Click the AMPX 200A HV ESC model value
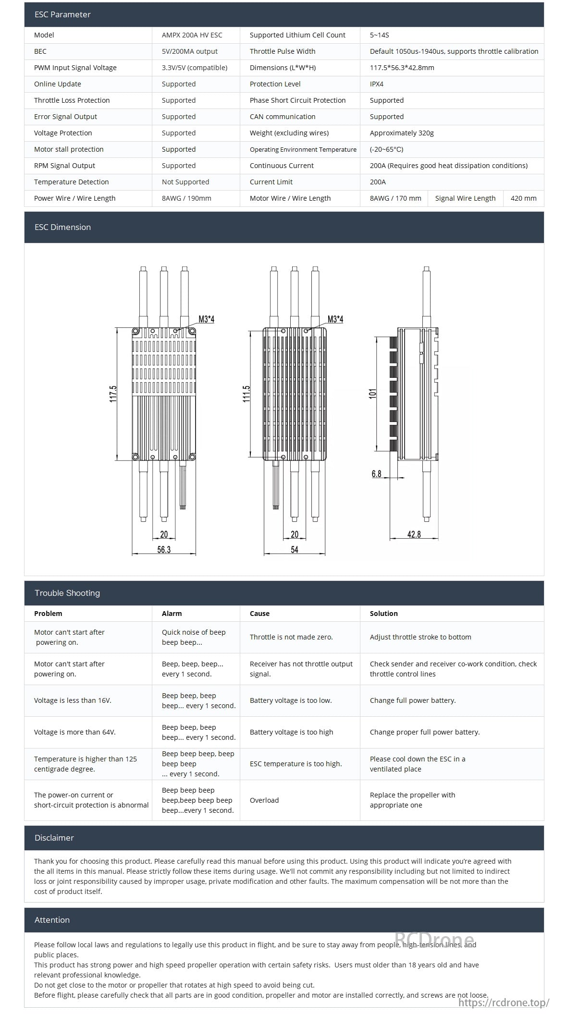pos(192,35)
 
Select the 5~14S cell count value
pos(379,35)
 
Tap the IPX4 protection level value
pos(377,84)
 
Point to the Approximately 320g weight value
pos(402,133)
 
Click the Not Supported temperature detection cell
pos(185,182)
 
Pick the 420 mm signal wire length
pos(523,198)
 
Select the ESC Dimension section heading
pos(62,227)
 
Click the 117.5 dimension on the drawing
pos(113,394)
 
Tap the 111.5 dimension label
pos(247,394)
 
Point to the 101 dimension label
pos(373,394)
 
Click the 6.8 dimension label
pos(376,474)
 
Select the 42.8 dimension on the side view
pos(414,534)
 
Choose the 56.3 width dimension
pos(164,550)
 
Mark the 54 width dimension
pos(295,550)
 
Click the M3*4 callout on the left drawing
pos(207,319)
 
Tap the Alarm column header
pos(172,614)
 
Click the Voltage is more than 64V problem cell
pos(74,732)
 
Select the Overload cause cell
pos(264,800)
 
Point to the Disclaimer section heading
pos(54,838)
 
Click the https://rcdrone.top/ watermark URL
pos(504,1002)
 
